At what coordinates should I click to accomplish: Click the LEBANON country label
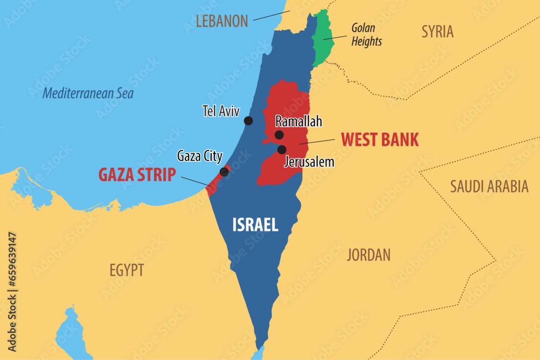point(221,21)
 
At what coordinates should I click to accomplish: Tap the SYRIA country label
point(437,31)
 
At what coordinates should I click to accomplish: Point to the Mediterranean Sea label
point(88,93)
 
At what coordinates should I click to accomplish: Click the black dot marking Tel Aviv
point(248,120)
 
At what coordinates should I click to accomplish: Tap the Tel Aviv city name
point(221,111)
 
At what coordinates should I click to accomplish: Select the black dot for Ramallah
point(279,135)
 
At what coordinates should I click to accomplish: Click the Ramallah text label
point(299,121)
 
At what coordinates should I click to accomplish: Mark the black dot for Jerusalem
point(282,150)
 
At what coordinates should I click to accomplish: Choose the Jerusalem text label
point(309,161)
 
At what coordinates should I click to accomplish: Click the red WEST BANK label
point(380,140)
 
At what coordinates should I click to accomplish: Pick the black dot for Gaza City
point(224,172)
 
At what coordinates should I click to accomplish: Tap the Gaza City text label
point(200,157)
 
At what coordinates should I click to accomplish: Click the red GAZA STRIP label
point(137,175)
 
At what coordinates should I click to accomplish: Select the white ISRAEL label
point(255,225)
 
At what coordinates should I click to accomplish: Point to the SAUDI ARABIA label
point(489,187)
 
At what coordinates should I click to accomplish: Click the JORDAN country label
point(368,255)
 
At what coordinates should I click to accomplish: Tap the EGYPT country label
point(127,270)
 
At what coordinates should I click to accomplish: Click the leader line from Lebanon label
point(270,15)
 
